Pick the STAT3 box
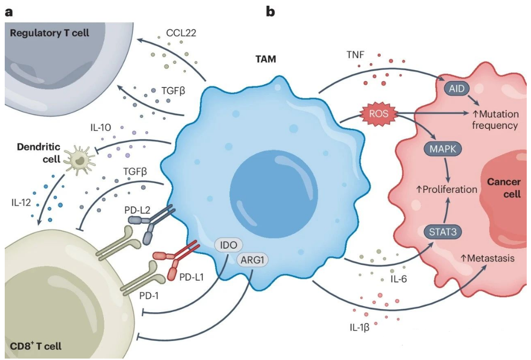pos(442,232)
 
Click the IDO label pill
pos(229,245)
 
